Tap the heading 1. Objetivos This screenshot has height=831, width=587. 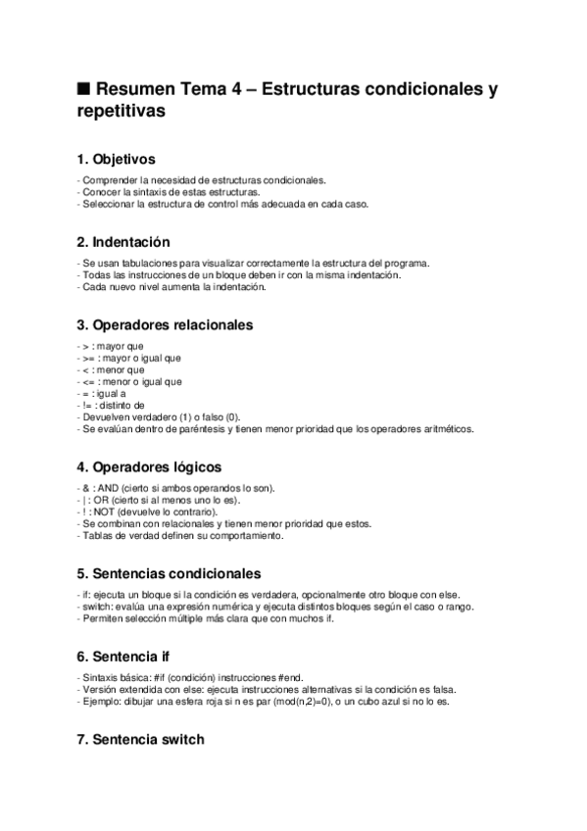click(x=116, y=158)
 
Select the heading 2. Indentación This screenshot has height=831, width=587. click(x=123, y=241)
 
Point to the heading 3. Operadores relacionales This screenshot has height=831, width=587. click(x=164, y=324)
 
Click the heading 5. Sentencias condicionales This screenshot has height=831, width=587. click(x=168, y=572)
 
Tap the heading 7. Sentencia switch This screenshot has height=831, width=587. click(x=140, y=739)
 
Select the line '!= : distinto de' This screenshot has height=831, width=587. click(x=111, y=405)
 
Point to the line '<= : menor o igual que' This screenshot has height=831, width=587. click(x=128, y=382)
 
